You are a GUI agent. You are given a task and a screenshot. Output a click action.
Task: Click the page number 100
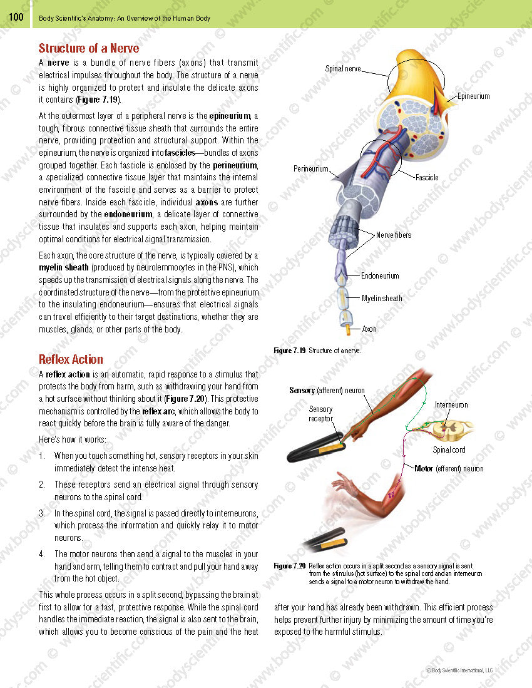click(x=16, y=17)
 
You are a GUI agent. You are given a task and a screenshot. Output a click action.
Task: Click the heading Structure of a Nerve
click(x=89, y=48)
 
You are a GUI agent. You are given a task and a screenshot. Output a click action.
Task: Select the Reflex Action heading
click(x=71, y=359)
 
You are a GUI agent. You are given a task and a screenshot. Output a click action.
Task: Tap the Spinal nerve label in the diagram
click(x=343, y=69)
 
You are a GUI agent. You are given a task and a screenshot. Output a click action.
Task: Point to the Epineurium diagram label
click(x=473, y=96)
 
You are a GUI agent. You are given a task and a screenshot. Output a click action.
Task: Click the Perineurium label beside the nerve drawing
click(x=311, y=169)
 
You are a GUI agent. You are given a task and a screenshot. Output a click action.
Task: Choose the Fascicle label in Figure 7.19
click(x=427, y=178)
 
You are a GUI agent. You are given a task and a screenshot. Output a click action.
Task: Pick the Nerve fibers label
click(x=394, y=235)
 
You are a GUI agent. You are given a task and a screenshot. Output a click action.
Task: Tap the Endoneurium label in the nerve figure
click(x=380, y=275)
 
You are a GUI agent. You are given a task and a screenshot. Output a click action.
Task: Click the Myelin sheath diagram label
click(x=382, y=299)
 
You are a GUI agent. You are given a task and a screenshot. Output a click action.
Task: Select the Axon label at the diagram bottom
click(x=369, y=329)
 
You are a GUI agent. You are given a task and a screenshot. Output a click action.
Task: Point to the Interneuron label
click(x=451, y=405)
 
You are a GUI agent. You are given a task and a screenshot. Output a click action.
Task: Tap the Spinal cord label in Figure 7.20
click(x=449, y=449)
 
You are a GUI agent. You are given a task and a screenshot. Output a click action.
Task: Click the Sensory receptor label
click(x=320, y=414)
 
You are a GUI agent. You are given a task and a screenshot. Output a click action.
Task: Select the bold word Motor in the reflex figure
click(x=424, y=468)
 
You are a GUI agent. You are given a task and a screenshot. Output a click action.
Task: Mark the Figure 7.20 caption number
click(x=290, y=566)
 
